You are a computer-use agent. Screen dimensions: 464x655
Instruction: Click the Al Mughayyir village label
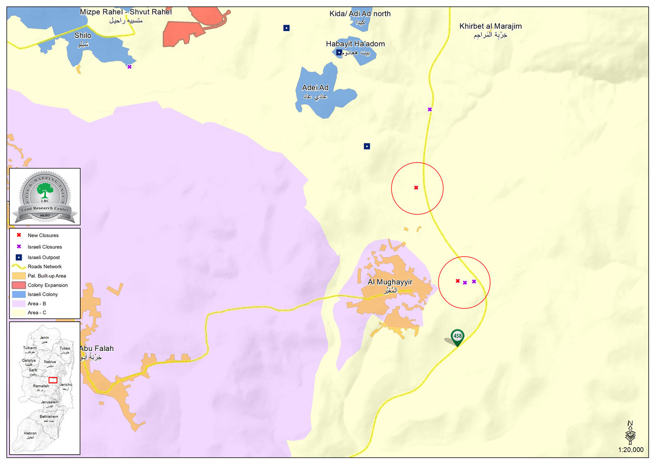[390, 282]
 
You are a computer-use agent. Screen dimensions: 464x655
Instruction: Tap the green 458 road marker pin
[457, 337]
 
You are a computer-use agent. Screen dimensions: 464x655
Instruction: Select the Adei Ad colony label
[315, 88]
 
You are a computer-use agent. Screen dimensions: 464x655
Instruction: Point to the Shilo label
[83, 36]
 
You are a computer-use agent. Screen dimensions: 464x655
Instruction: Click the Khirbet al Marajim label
[490, 26]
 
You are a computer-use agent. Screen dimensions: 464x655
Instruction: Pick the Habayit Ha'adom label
[355, 44]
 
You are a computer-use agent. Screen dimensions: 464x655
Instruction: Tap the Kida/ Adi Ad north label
[360, 14]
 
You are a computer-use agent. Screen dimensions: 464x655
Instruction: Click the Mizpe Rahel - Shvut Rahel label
[126, 12]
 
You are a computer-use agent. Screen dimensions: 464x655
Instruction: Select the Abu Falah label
[97, 348]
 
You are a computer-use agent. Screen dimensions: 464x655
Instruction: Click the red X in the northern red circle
[416, 188]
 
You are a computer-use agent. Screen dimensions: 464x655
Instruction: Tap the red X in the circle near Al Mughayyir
[458, 281]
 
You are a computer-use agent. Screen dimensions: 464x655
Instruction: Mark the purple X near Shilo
[129, 67]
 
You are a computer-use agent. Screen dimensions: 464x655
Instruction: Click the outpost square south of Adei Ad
[367, 146]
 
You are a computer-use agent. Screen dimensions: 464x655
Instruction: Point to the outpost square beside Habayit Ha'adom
[339, 52]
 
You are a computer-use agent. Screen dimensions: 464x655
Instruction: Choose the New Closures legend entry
[43, 235]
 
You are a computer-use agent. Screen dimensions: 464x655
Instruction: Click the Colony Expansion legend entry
[47, 285]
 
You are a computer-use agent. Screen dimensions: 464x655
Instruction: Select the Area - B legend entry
[37, 304]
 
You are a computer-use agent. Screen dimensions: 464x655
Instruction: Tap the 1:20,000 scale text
[630, 450]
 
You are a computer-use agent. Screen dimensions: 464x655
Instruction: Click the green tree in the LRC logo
[45, 191]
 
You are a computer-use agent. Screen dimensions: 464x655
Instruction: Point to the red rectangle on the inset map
[53, 380]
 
